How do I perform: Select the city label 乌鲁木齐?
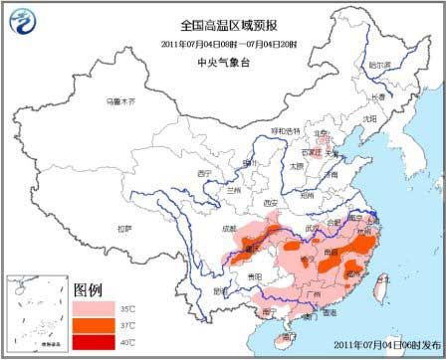pos(120,100)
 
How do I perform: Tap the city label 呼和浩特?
pos(285,130)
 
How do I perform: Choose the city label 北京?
pos(321,132)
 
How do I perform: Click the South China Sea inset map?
pos(37,314)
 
